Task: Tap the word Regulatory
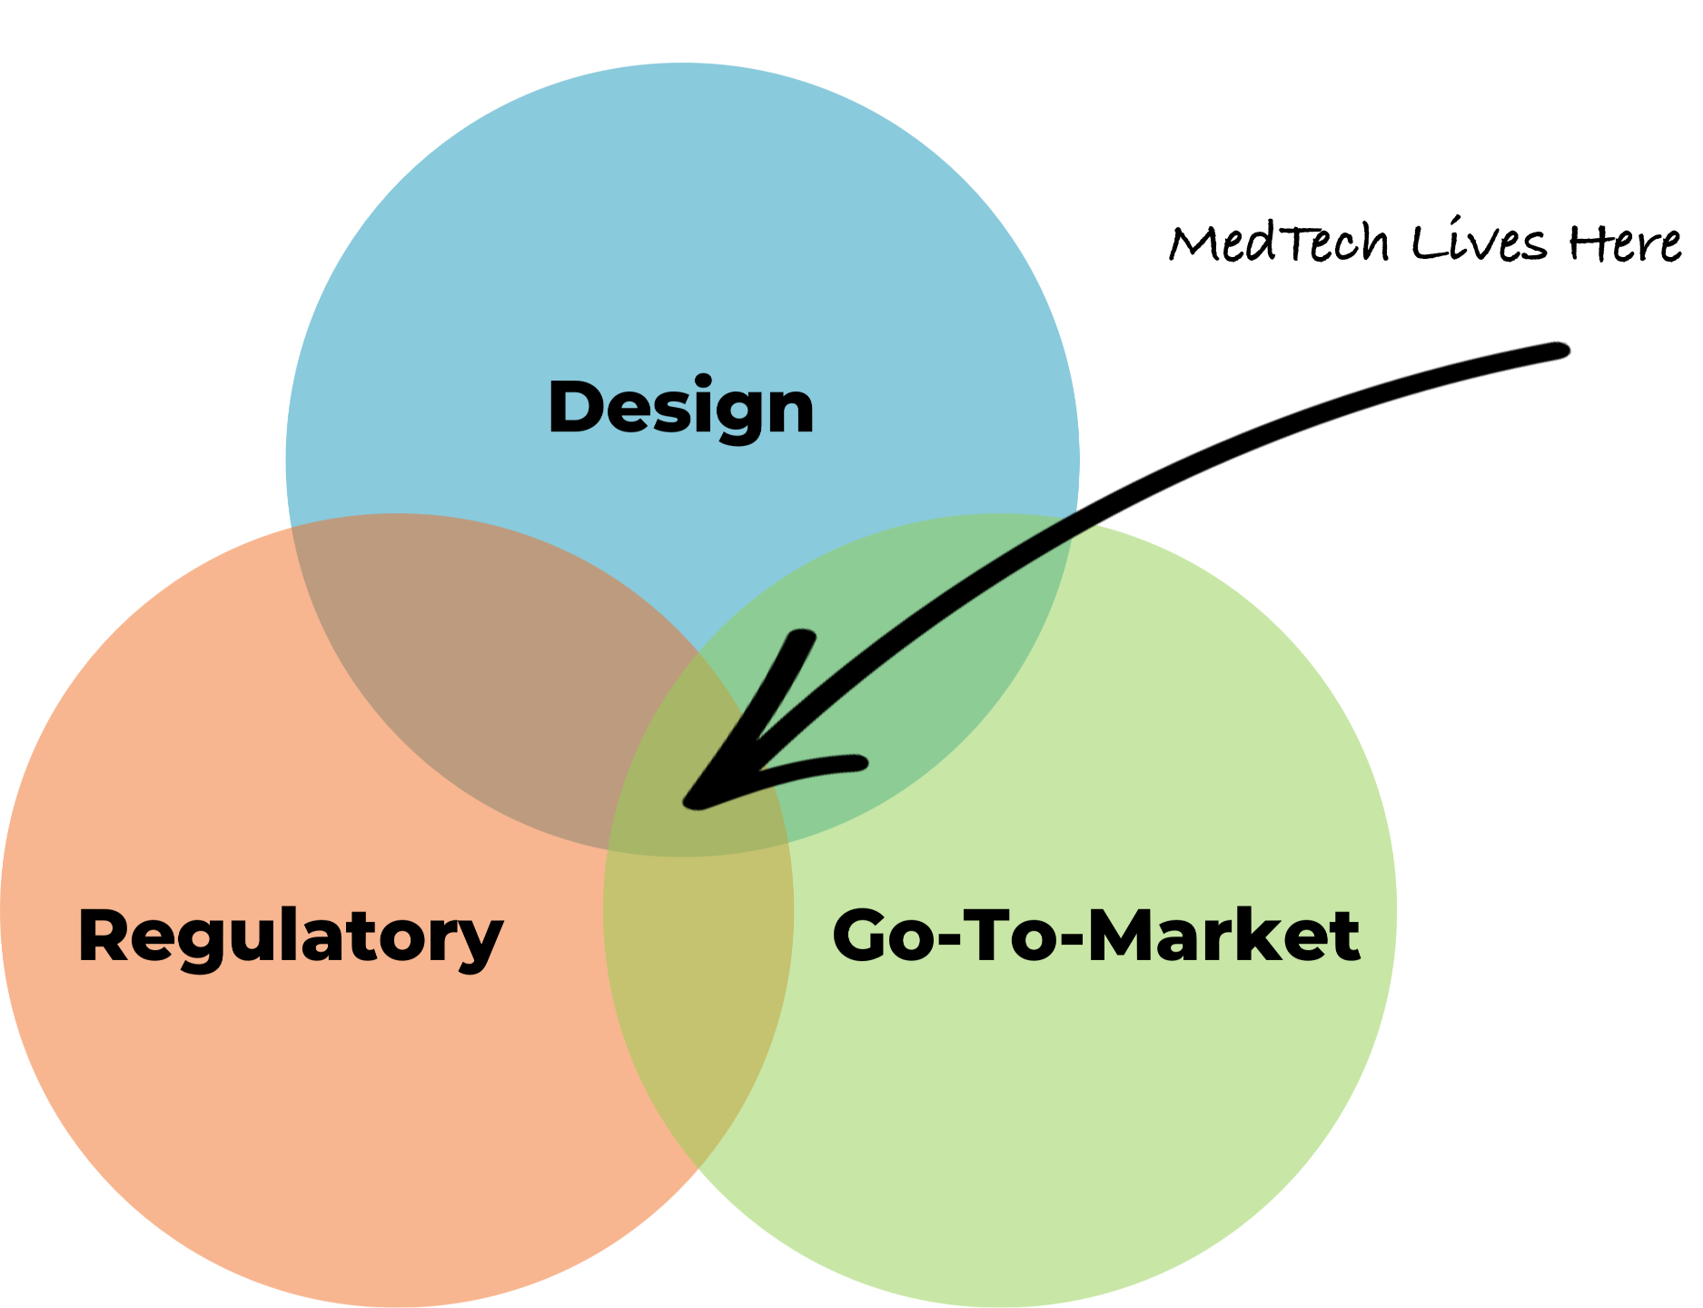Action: pos(290,936)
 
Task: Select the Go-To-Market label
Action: pos(1095,936)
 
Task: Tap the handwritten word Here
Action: pos(1625,243)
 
